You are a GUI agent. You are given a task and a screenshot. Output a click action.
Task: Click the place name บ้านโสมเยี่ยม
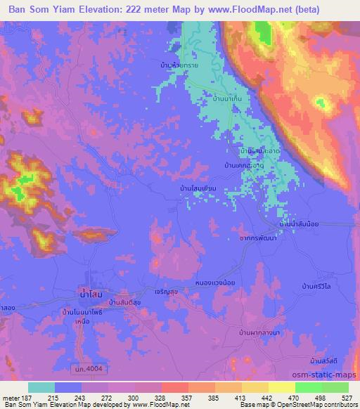(x=202, y=189)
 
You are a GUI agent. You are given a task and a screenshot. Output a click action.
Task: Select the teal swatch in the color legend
(x=41, y=387)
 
